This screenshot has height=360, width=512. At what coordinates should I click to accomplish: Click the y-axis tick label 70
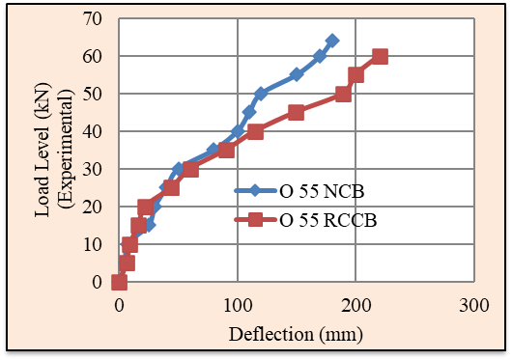[x=92, y=19]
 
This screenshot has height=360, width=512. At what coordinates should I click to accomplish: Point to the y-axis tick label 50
[x=92, y=94]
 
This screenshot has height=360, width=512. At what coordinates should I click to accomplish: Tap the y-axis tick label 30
[x=92, y=169]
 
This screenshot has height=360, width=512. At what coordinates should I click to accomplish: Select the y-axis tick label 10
[x=92, y=244]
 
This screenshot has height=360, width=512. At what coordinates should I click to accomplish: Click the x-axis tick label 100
[x=238, y=306]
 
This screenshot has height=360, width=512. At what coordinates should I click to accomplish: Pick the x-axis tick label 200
[x=356, y=306]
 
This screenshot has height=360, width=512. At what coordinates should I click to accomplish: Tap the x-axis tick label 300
[x=474, y=306]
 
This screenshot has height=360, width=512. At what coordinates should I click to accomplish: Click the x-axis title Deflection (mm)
[x=296, y=335]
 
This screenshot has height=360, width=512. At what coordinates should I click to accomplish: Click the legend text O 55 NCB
[x=322, y=191]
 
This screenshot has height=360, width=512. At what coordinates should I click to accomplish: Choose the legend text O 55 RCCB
[x=328, y=220]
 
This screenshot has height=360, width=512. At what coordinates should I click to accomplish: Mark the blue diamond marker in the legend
[x=255, y=191]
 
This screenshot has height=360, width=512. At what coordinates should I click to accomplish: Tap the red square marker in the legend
[x=255, y=220]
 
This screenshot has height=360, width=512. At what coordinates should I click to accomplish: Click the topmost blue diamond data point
[x=332, y=41]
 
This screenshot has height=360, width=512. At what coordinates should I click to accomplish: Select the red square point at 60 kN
[x=380, y=56]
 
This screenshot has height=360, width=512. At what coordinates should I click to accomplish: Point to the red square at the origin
[x=119, y=282]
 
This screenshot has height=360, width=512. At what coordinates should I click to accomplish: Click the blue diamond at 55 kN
[x=297, y=74]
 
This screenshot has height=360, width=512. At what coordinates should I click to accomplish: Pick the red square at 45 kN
[x=297, y=113]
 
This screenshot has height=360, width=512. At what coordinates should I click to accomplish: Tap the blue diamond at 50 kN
[x=261, y=94]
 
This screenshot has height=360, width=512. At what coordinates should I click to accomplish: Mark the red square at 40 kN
[x=255, y=131]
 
